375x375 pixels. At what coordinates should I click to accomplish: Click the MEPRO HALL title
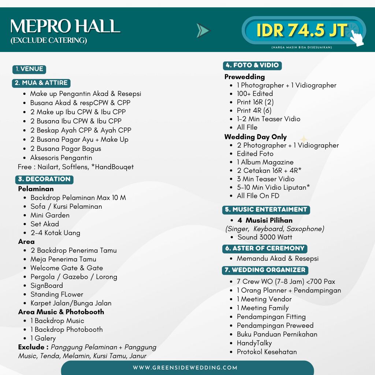[x=65, y=26]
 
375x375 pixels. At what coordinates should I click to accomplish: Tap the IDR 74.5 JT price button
[x=302, y=30]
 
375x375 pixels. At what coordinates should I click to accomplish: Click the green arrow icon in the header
[x=203, y=30]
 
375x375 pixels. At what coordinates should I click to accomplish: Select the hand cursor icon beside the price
[x=357, y=38]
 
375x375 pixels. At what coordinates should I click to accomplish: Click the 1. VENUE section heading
[x=29, y=69]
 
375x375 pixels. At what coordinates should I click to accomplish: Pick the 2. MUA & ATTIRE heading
[x=41, y=83]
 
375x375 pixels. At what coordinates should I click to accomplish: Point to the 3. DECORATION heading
[x=44, y=179]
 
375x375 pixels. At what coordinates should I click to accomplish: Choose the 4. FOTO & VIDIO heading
[x=252, y=66]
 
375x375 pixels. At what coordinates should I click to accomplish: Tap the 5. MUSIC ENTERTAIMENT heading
[x=266, y=210]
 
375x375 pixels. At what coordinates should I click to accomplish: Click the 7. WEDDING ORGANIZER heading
[x=265, y=270]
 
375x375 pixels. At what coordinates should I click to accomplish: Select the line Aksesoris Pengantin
[x=61, y=158]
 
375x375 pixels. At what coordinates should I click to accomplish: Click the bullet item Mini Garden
[x=50, y=215]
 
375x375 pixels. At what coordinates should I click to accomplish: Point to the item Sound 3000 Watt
[x=265, y=237]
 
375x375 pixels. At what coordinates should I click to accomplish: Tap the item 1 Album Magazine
[x=265, y=162]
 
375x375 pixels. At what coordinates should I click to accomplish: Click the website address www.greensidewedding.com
[x=185, y=368]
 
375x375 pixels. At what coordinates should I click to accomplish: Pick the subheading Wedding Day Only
[x=256, y=137]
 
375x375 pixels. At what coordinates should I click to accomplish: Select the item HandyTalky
[x=254, y=343]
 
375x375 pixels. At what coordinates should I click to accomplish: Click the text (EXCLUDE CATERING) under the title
[x=49, y=41]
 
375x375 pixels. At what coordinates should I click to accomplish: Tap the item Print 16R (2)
[x=255, y=102]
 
